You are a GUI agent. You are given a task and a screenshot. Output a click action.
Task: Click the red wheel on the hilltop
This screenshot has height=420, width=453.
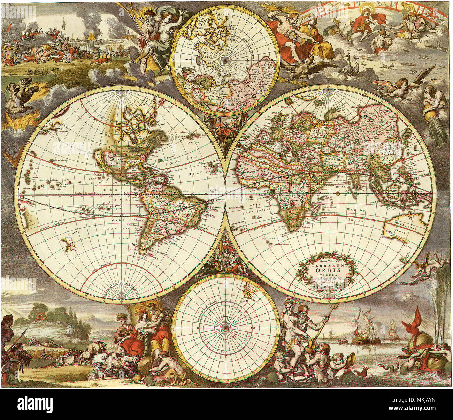41,316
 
